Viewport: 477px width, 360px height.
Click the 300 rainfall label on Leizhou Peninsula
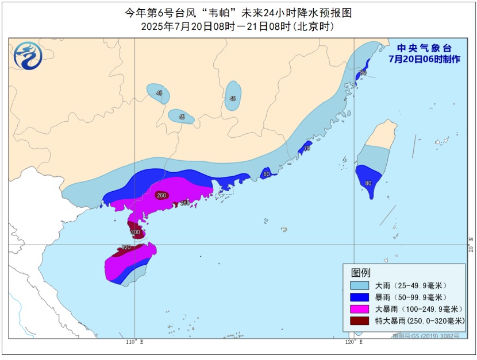[135, 233]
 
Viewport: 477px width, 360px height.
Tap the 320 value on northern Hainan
[126, 247]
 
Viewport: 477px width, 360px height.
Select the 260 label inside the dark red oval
[161, 195]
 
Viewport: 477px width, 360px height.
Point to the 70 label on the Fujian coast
[306, 149]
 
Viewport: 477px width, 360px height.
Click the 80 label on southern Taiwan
[368, 184]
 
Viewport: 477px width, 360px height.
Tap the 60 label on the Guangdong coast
[266, 174]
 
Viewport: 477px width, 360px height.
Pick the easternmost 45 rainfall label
[232, 99]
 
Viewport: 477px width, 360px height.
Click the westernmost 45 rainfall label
[159, 93]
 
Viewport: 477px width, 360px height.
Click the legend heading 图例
[361, 272]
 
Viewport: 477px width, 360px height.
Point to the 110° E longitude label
[134, 342]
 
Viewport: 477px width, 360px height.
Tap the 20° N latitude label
[471, 245]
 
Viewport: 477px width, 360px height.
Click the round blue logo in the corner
[28, 56]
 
